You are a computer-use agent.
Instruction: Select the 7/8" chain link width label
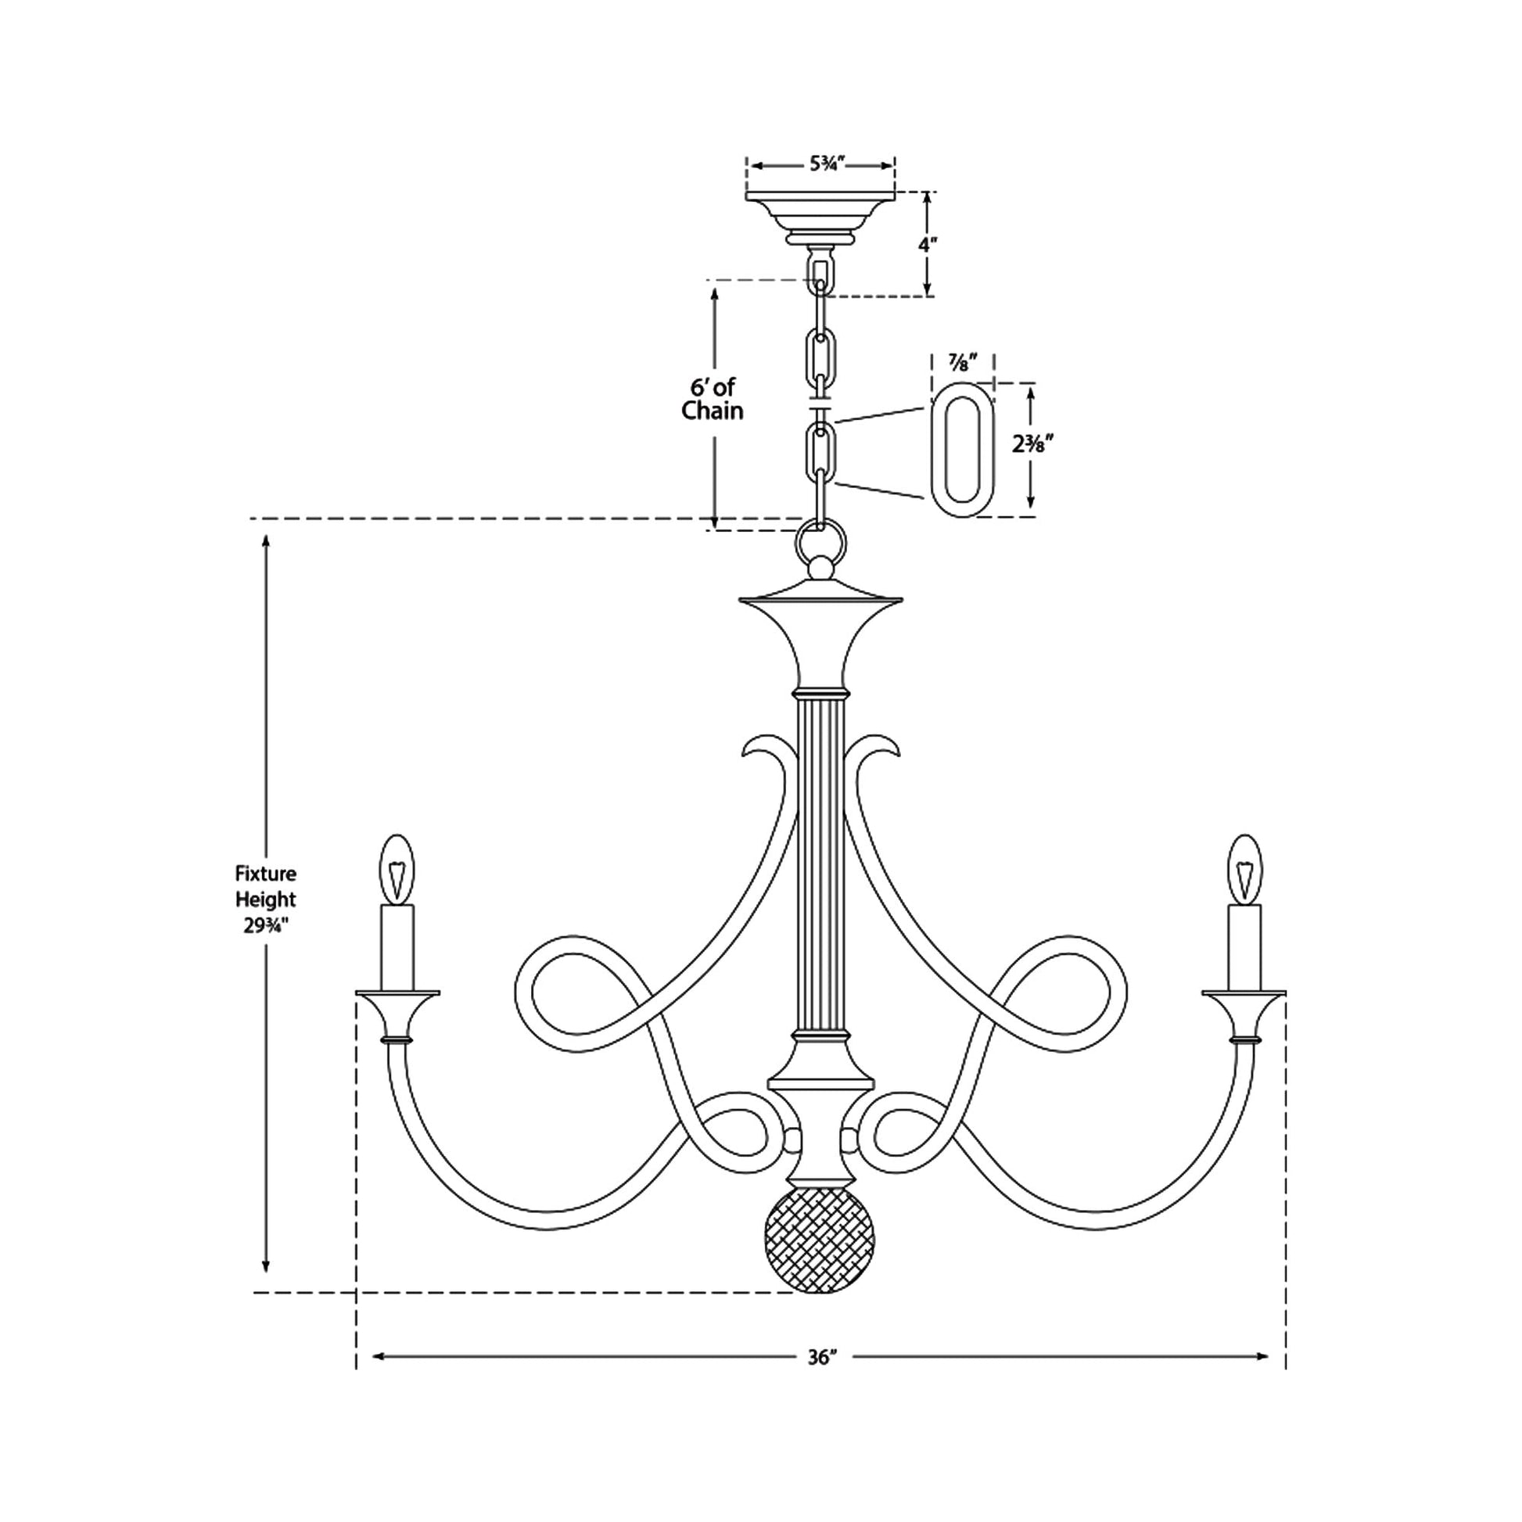click(x=962, y=363)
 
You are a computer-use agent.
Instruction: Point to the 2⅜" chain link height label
click(x=1032, y=444)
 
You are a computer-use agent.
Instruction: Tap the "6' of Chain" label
click(x=713, y=399)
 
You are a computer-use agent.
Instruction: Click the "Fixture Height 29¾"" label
click(x=266, y=899)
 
